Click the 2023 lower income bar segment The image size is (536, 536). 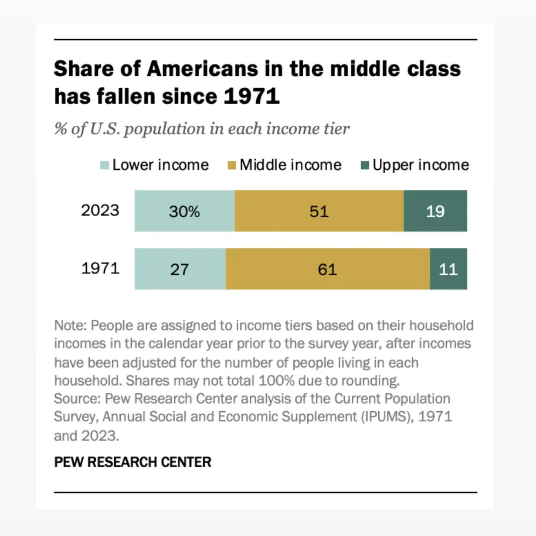[x=185, y=211]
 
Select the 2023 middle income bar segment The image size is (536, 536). [x=319, y=211]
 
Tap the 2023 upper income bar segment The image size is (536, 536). [x=435, y=211]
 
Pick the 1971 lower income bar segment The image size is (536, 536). [x=180, y=269]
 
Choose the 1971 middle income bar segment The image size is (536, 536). [x=328, y=269]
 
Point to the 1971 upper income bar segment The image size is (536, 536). [x=448, y=269]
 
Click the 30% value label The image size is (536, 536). [x=184, y=212]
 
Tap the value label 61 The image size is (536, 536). [x=327, y=270]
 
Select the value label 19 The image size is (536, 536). [x=435, y=212]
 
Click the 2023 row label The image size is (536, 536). [x=100, y=210]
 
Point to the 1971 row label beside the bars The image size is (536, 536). [x=100, y=268]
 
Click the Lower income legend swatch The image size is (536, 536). [x=105, y=165]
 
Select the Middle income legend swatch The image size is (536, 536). [x=232, y=165]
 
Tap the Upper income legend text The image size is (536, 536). [x=421, y=165]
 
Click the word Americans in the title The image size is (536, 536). [x=202, y=68]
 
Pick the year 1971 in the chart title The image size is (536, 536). [x=251, y=96]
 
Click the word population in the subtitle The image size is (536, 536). [x=164, y=129]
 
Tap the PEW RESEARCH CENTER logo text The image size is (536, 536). [x=132, y=462]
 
